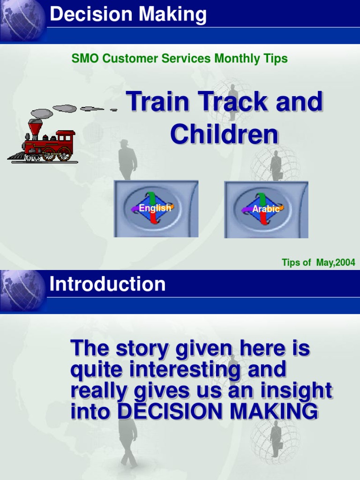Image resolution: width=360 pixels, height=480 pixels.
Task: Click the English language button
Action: click(155, 208)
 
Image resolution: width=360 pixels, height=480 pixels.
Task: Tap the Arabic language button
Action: click(266, 209)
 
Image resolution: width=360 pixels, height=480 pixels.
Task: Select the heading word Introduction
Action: click(107, 285)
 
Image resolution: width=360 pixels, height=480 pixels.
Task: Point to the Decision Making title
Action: click(128, 15)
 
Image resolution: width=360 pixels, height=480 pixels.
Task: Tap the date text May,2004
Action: click(336, 262)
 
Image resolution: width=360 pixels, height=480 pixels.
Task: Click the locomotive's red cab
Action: click(65, 138)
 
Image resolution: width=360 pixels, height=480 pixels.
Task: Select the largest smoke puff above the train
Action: click(65, 108)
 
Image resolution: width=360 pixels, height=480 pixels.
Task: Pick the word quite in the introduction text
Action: click(97, 370)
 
